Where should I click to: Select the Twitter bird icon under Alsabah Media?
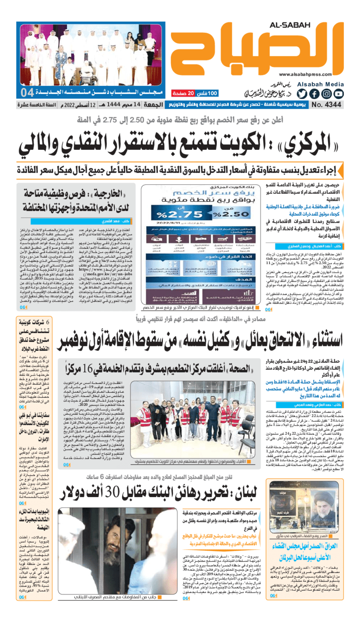(301, 94)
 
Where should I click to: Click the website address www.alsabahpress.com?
(310, 75)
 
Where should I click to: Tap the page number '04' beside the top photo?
(27, 93)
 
